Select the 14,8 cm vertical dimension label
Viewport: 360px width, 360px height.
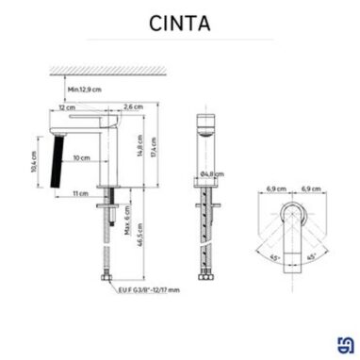(x=138, y=148)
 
